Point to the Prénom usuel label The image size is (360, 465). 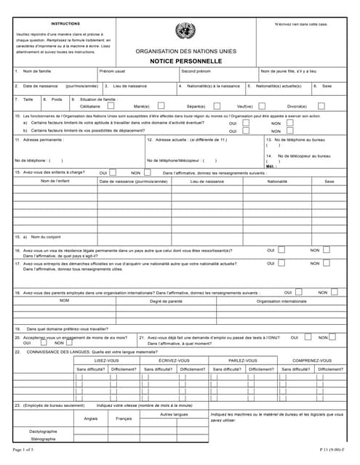(x=112, y=71)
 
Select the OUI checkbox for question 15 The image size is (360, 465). (x=113, y=172)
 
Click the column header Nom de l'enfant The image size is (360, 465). (x=55, y=181)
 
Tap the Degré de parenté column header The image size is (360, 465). (x=166, y=300)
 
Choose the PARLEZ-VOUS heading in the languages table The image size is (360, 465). (x=242, y=360)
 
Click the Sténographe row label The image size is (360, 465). (x=43, y=439)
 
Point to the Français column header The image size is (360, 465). (x=124, y=418)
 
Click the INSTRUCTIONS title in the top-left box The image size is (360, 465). (x=66, y=23)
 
